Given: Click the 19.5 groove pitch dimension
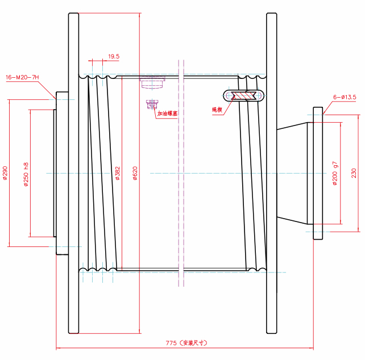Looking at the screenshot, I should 113,56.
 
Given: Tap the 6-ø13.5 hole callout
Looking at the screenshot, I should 344,98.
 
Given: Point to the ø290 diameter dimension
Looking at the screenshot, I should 5,173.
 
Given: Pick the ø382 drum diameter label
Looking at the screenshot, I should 118,173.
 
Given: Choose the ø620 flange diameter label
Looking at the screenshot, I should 135,173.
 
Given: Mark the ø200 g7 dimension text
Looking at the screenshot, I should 335,173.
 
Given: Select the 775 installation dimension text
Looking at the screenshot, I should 185,343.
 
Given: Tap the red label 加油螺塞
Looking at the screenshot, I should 167,114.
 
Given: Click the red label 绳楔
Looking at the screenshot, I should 217,109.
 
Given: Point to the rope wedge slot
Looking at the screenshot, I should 247,95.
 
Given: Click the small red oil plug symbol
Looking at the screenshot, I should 152,104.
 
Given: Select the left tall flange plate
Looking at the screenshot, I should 73,173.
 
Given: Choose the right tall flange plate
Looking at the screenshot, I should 272,173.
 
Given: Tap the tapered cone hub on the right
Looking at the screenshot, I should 292,173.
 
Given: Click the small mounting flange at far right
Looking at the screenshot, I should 317,173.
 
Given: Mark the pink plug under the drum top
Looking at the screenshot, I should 152,83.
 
